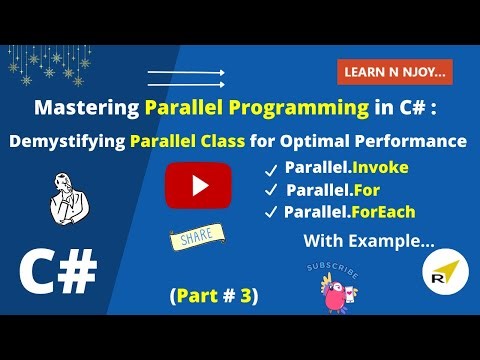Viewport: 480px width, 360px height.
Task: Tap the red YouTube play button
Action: pos(198,186)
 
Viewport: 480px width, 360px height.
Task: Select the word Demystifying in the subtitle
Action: pos(66,141)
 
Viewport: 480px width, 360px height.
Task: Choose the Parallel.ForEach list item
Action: pos(349,211)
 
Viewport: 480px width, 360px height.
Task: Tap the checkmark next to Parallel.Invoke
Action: pos(268,167)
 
